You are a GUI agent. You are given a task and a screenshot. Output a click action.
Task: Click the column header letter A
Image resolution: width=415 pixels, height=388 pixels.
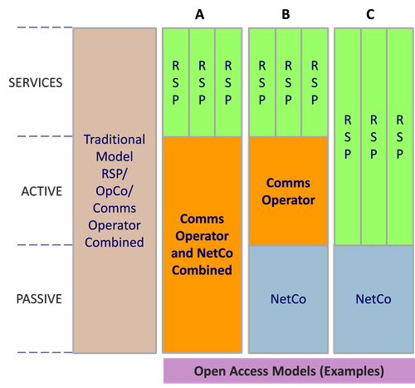(199, 14)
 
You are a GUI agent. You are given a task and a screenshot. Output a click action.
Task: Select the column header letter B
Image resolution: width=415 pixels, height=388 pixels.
(286, 14)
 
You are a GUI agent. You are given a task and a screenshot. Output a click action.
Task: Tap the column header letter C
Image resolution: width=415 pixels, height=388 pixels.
(370, 14)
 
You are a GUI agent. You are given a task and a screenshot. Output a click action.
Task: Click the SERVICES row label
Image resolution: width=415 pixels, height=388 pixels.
(36, 83)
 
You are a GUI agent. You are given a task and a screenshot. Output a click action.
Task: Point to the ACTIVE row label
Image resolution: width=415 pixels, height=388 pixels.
(41, 191)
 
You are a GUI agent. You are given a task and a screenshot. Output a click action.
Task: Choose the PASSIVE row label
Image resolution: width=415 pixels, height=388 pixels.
(39, 299)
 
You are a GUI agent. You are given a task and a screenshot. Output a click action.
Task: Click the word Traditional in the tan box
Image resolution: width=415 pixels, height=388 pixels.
(115, 140)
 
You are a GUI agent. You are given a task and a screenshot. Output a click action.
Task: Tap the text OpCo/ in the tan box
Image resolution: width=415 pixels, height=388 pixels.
(115, 191)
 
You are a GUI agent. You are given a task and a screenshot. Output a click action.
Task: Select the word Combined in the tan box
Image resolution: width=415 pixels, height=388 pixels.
(115, 243)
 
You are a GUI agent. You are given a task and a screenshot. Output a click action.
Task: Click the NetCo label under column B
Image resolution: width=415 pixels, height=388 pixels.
(288, 299)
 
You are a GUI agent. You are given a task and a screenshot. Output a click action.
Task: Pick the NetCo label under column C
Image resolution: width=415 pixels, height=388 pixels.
(373, 299)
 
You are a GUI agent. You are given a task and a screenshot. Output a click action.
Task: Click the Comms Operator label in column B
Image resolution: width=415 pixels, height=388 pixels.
(288, 191)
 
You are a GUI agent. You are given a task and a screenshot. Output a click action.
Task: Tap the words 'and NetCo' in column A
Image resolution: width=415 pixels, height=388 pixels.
(202, 253)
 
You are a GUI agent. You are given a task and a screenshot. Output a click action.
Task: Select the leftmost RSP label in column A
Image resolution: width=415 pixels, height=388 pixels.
(176, 83)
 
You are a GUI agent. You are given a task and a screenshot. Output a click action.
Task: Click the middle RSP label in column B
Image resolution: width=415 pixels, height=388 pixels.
(288, 83)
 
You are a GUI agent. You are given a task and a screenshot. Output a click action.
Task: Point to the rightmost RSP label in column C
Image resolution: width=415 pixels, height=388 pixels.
(400, 137)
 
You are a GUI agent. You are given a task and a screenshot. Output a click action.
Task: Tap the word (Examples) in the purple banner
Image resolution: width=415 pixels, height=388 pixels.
(352, 371)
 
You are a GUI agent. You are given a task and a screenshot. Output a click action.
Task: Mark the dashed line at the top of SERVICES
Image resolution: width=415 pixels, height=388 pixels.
(45, 27)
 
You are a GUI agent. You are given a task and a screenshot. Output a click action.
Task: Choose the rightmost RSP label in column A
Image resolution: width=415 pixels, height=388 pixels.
(228, 83)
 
